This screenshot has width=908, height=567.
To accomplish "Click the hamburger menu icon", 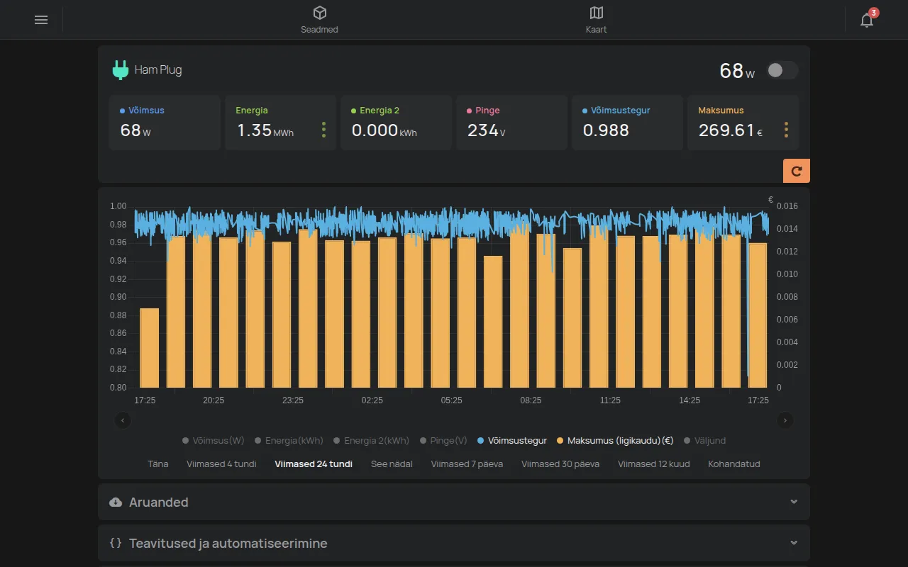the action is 41,20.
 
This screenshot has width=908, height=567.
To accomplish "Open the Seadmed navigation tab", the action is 319,20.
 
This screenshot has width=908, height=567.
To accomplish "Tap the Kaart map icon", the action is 597,13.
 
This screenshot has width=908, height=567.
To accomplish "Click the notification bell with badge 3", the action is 868,18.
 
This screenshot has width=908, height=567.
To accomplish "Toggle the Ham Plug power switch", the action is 782,70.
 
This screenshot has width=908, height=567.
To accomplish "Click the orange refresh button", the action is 796,171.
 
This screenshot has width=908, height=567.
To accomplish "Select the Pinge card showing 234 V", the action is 511,123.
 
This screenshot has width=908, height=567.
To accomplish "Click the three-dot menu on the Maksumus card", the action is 787,130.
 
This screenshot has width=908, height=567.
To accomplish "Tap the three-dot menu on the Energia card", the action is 323,130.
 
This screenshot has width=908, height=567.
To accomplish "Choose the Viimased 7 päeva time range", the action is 467,464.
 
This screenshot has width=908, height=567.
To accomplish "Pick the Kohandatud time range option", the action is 733,464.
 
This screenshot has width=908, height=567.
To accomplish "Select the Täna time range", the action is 157,464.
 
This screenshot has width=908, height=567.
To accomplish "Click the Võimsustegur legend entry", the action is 512,441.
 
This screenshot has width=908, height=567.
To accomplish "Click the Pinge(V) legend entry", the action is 443,441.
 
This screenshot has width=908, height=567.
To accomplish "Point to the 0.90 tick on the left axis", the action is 118,297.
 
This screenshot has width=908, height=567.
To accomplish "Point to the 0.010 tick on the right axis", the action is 787,274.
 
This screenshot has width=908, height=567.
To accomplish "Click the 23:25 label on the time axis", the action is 293,400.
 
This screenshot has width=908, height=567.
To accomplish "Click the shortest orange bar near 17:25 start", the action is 149,348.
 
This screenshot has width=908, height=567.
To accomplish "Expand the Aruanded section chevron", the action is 794,502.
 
